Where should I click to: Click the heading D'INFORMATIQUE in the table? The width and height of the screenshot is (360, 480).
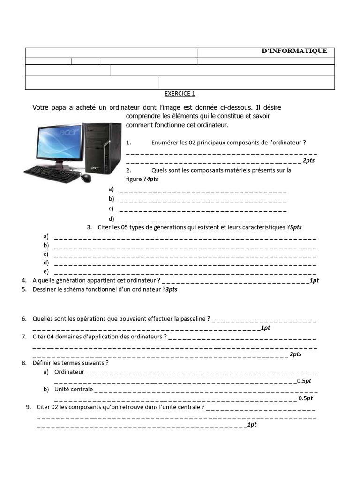coord(294,52)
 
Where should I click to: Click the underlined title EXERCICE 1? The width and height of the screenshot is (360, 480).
coord(180,94)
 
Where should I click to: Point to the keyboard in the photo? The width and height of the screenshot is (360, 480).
coord(51,174)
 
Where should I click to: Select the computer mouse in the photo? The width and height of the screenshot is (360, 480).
coord(86,178)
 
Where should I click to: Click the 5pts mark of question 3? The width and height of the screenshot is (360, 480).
coord(295,227)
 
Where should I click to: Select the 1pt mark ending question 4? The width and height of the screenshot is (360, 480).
coord(314,280)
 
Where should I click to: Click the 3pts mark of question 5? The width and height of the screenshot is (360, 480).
coord(171,290)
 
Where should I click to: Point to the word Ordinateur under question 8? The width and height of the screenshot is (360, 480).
coord(69,372)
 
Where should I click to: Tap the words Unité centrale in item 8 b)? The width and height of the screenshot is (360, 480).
coord(74,389)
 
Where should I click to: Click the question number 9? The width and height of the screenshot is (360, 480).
coord(29,407)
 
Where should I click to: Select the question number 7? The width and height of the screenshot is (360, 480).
coord(24,337)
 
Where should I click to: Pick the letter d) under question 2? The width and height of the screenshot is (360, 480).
coord(111,218)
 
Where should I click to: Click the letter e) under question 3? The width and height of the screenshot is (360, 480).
coord(46,271)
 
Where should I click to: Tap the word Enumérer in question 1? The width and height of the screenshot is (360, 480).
coord(165,142)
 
